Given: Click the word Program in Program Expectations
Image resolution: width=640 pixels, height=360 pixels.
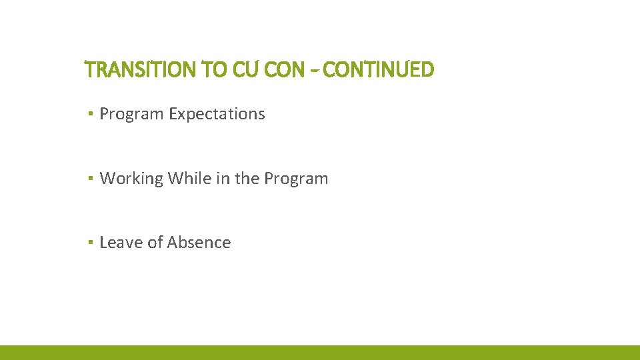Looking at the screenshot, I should click(131, 114).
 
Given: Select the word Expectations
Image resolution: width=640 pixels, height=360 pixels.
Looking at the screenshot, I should click(217, 114).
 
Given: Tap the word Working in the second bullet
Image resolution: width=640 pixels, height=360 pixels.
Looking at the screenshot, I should click(131, 179).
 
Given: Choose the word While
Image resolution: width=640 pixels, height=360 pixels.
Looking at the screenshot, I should click(189, 179).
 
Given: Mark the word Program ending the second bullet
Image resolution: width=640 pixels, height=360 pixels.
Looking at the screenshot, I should click(296, 179).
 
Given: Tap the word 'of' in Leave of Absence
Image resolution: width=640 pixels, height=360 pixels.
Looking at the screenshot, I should click(155, 243).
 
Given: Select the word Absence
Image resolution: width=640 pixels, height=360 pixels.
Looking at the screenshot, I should click(199, 243).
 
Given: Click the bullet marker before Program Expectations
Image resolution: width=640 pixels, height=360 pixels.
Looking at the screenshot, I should click(89, 115).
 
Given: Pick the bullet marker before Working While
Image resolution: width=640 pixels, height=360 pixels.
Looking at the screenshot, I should click(89, 179).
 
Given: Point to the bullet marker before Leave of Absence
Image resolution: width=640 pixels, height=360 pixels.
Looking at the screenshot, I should click(89, 243).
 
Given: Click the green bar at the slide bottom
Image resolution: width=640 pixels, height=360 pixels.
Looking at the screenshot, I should click(320, 353).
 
